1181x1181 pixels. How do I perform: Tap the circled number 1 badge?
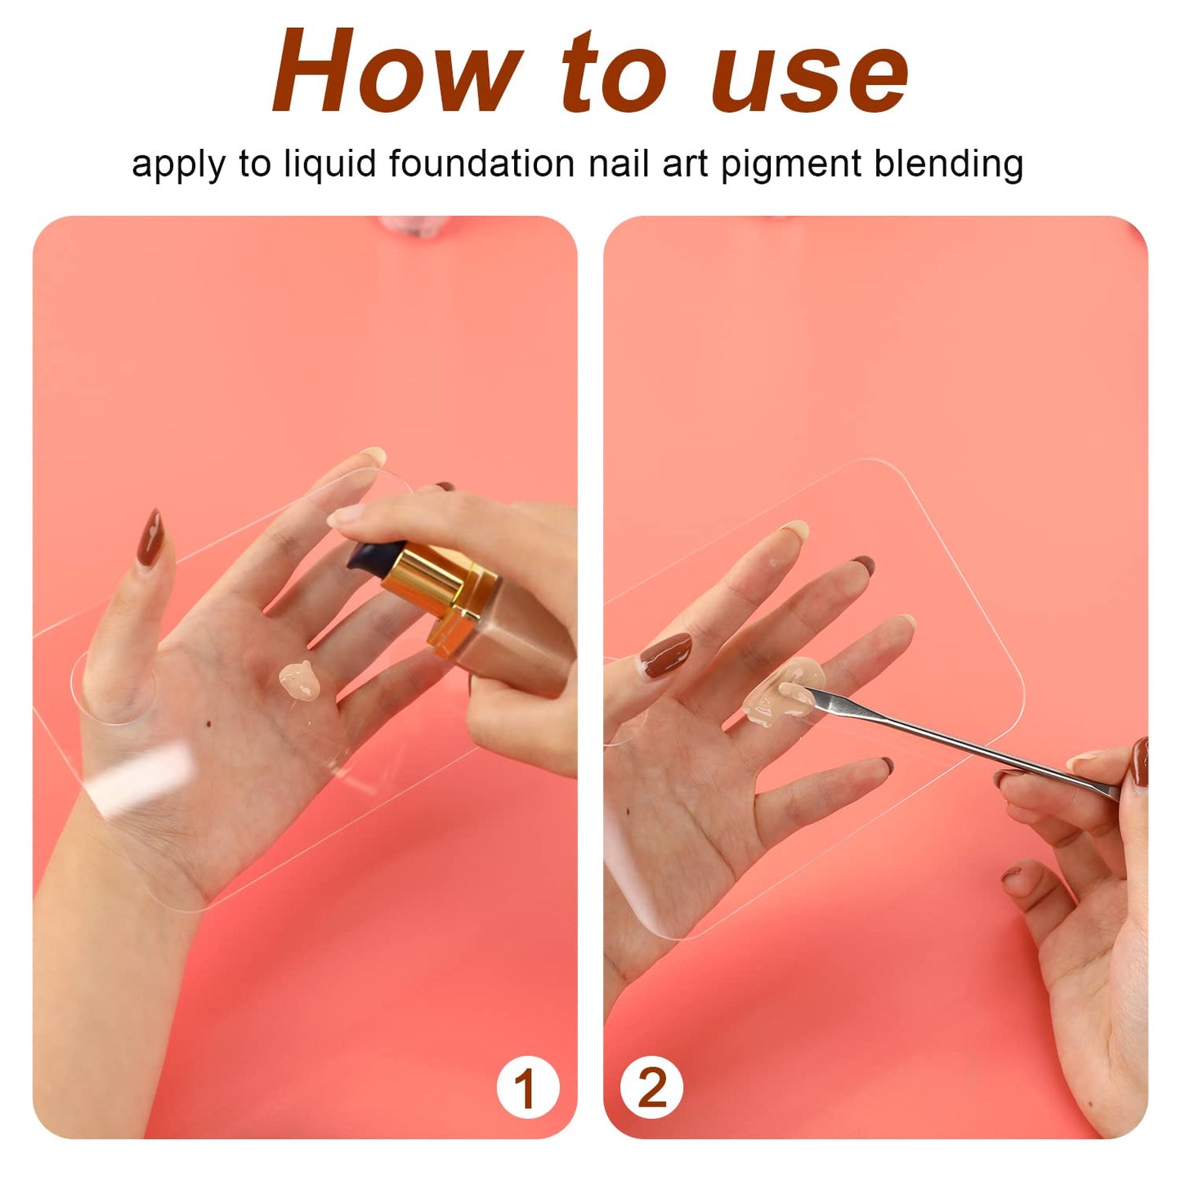pos(526,1088)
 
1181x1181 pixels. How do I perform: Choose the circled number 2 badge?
pos(651,1088)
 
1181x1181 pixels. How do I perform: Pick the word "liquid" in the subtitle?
pos(332,164)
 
